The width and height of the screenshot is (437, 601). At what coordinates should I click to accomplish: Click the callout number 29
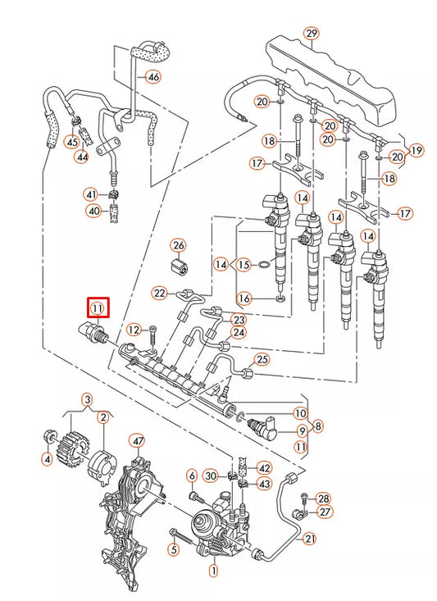click(x=311, y=34)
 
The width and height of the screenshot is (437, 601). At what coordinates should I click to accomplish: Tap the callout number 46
click(x=153, y=76)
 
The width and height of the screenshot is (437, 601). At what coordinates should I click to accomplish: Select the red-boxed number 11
click(x=98, y=308)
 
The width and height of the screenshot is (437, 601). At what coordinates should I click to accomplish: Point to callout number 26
click(x=179, y=244)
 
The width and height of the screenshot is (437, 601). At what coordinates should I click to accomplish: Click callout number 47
click(x=137, y=441)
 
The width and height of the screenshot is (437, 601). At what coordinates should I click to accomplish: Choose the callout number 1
click(x=214, y=569)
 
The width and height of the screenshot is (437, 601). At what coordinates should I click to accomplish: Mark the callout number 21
click(x=309, y=539)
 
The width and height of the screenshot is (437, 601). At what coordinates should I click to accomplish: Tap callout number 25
click(x=262, y=358)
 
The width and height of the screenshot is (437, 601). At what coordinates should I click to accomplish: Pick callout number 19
click(x=417, y=150)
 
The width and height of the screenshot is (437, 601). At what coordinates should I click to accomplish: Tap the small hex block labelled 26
click(x=179, y=267)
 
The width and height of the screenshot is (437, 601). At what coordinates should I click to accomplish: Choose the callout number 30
click(x=210, y=476)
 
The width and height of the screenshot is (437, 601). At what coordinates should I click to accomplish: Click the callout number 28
click(x=323, y=499)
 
